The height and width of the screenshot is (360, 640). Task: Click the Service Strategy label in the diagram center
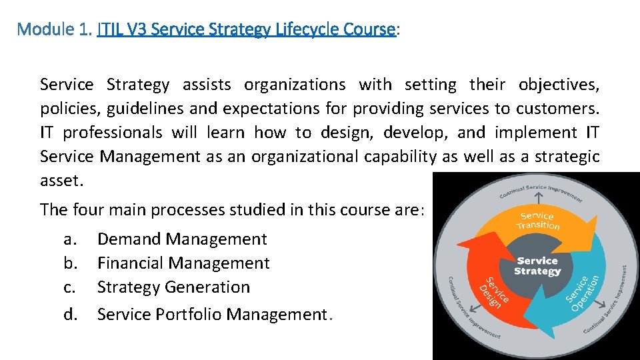click(x=537, y=266)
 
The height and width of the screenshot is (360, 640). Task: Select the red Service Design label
click(x=493, y=292)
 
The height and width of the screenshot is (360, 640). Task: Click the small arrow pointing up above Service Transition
click(x=537, y=195)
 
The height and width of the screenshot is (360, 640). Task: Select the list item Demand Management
click(x=182, y=239)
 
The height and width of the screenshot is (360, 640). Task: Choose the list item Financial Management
click(x=183, y=263)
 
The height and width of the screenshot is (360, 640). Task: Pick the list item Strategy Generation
click(x=173, y=287)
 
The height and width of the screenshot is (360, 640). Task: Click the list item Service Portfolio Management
click(x=212, y=314)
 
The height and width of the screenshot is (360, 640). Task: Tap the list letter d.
click(x=71, y=314)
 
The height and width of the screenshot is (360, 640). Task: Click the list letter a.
click(x=69, y=239)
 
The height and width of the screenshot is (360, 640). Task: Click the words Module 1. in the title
click(x=54, y=29)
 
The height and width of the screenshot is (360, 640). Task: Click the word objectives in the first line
click(x=558, y=85)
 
